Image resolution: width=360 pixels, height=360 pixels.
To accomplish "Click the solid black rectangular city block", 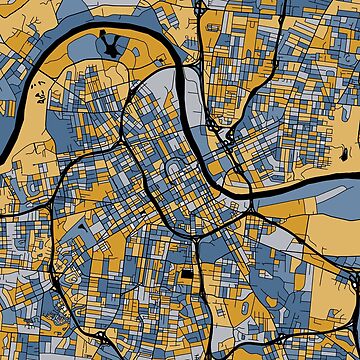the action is tap(188, 275).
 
